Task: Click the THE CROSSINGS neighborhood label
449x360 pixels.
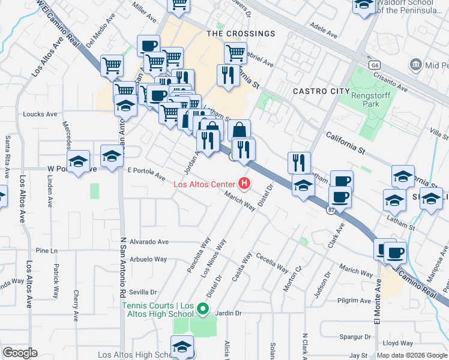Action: pos(241,34)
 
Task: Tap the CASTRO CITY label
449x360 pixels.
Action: pos(321,91)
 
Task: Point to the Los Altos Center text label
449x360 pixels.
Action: pos(204,184)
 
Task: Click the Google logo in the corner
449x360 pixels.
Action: pos(20,353)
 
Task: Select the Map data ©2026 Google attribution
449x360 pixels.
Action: pos(412,355)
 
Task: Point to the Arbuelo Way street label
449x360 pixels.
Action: pos(148,260)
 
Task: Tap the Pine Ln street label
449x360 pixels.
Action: pos(46,250)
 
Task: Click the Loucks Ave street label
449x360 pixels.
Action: pos(40,114)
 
